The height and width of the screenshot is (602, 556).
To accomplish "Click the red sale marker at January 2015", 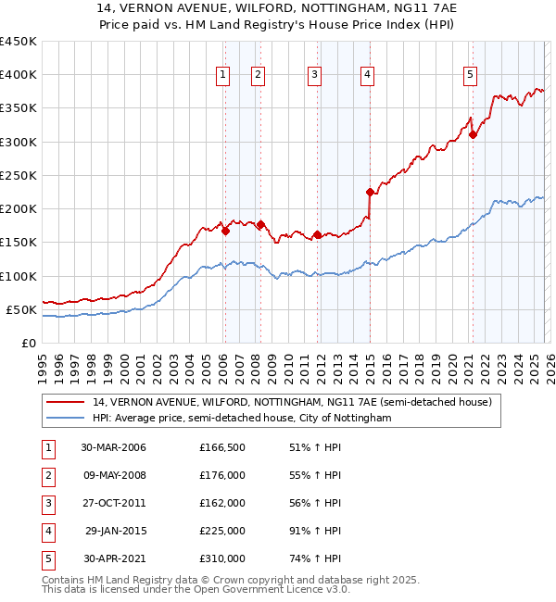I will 370,193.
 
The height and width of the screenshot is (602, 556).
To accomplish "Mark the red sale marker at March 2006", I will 225,232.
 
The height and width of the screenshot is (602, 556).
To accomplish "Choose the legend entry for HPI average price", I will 242,419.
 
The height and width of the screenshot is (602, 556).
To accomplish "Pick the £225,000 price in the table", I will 222,531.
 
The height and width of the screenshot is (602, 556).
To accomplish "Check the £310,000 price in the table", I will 222,558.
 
